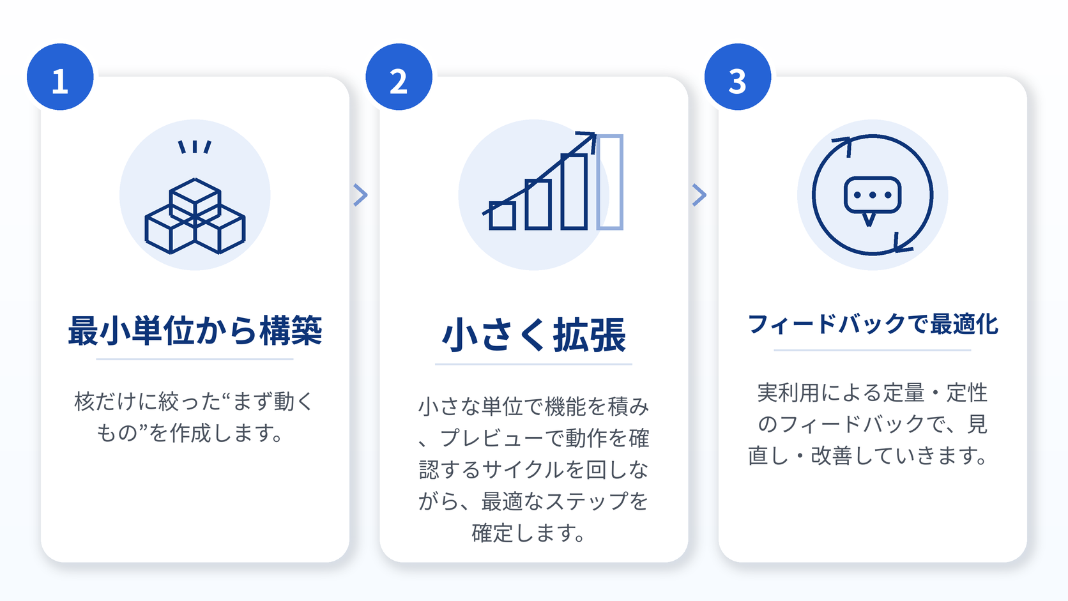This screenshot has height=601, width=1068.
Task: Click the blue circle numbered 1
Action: (60, 77)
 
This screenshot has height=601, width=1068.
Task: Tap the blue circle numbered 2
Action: (399, 77)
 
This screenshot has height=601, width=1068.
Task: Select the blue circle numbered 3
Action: (738, 77)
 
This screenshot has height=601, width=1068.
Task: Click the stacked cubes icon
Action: (195, 216)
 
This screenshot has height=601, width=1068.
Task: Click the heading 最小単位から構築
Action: (195, 330)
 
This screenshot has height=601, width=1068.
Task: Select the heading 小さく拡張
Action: (533, 335)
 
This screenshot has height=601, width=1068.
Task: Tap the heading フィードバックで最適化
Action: (873, 324)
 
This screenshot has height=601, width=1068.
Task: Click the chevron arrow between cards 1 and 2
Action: (360, 195)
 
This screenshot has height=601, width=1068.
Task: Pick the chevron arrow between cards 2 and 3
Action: (699, 195)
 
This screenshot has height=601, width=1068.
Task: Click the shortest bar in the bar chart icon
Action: (502, 215)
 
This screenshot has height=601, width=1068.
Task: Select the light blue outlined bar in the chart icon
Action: (610, 182)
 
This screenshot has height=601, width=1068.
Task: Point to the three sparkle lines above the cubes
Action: (195, 147)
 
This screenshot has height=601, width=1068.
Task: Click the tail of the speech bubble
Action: (869, 220)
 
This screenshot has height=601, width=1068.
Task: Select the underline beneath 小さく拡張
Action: (533, 365)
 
